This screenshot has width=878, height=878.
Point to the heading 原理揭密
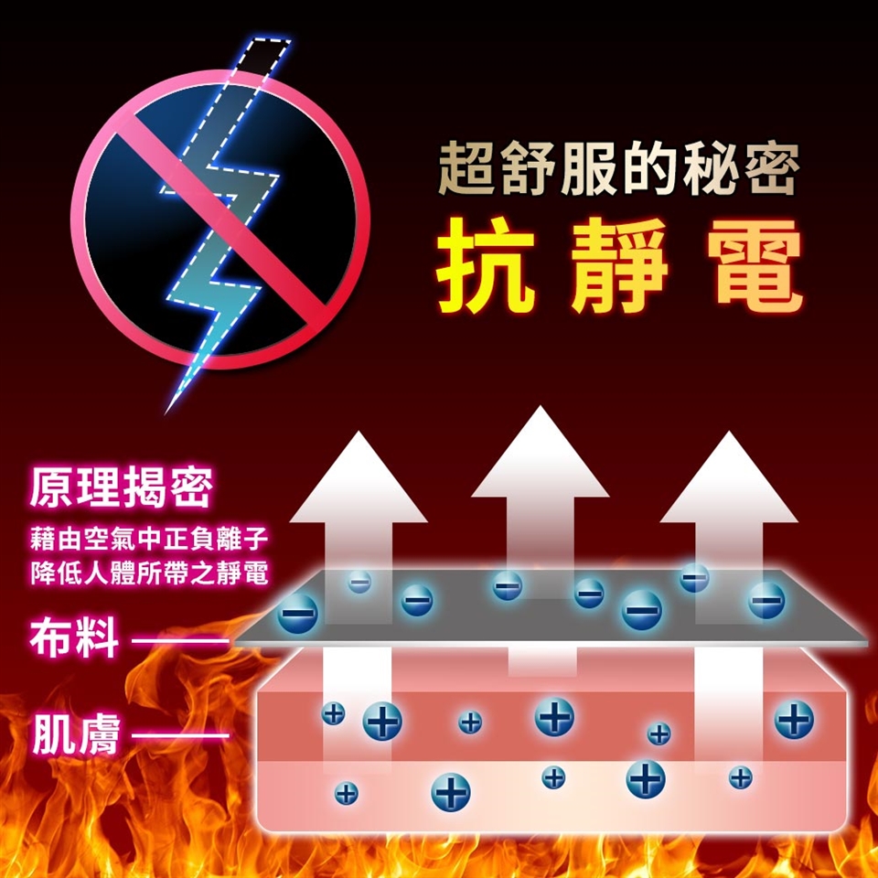[121, 487]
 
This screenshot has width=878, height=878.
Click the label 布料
[73, 638]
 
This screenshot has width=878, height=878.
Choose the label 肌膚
[75, 734]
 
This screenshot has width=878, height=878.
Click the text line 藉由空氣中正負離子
[148, 535]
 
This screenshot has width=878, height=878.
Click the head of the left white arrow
[359, 480]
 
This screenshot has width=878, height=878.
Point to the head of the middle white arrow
[541, 457]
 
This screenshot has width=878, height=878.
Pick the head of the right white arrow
[729, 480]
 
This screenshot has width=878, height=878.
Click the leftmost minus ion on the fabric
[297, 612]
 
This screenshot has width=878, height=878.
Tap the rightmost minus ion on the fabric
[766, 600]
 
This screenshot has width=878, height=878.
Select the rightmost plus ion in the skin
[794, 720]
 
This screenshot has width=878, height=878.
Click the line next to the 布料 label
[179, 640]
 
